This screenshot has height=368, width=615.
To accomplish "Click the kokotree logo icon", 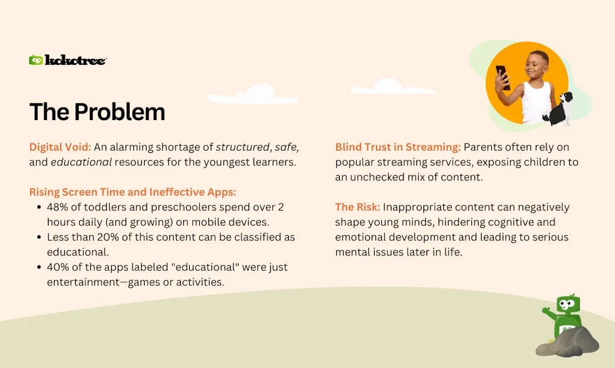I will (36, 60).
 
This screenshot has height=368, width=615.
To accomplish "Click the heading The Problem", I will (97, 112).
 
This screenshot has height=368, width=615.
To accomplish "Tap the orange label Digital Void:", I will (59, 147).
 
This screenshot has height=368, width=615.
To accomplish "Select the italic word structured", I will (242, 147).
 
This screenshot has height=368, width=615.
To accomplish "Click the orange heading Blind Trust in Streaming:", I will (398, 147).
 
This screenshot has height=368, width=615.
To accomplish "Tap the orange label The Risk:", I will (357, 207).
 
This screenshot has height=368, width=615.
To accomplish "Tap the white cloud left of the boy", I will (379, 87).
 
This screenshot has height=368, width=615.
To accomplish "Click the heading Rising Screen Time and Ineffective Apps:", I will (133, 192).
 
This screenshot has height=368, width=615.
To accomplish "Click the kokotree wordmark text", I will (76, 60).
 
